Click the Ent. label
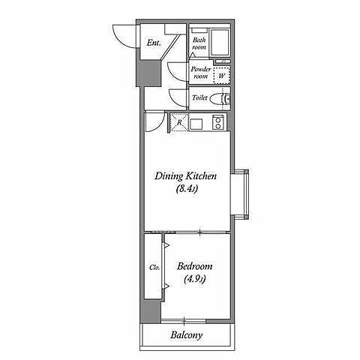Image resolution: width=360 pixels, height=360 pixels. click(x=154, y=43)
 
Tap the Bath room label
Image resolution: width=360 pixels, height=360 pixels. click(x=199, y=43)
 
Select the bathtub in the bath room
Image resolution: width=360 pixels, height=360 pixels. click(x=220, y=43)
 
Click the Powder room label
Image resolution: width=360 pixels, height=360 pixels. click(x=201, y=73)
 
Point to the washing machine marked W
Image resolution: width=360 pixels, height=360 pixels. click(x=222, y=75)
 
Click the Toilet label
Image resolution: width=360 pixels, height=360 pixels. click(x=199, y=97)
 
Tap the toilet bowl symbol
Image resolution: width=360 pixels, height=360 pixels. click(x=220, y=99)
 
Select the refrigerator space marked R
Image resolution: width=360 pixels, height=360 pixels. click(x=179, y=122)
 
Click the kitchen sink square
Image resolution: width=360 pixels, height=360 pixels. click(x=196, y=124)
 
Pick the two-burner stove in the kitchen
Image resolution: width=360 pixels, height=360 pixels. click(x=218, y=122)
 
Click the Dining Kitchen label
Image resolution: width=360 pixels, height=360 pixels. click(x=185, y=176)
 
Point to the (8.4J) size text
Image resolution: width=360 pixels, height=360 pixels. click(x=187, y=189)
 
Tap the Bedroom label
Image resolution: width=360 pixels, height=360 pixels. click(x=195, y=266)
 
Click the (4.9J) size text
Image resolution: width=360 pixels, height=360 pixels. click(x=195, y=279)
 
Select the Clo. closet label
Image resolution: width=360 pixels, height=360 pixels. click(x=154, y=268)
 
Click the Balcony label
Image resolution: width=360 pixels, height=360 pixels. click(x=187, y=335)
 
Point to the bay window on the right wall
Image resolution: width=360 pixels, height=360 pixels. click(x=240, y=194)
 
